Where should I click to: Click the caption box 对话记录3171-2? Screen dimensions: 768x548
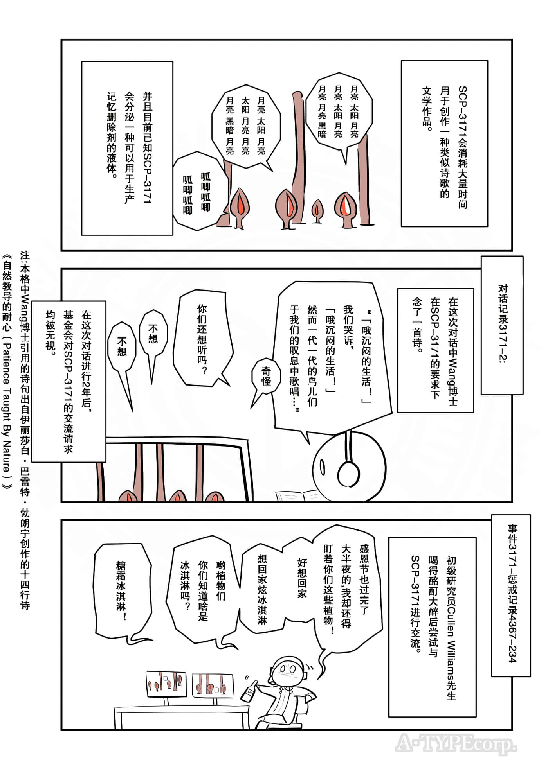click(502, 325)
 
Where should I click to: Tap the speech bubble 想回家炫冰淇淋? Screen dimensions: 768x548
click(262, 587)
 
